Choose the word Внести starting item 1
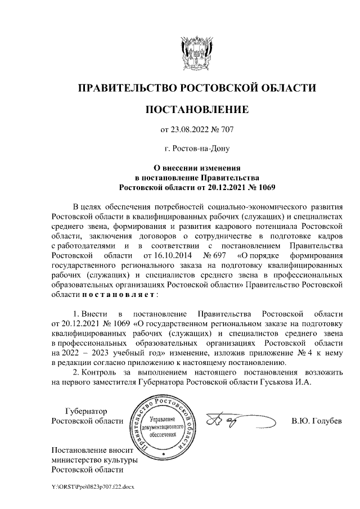coord(93,312)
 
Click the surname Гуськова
coord(275,381)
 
